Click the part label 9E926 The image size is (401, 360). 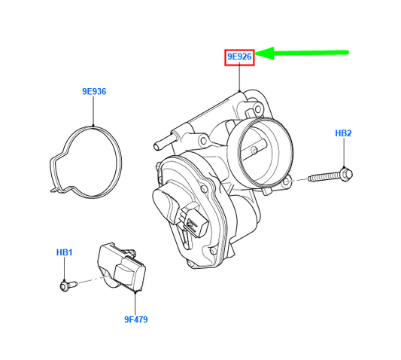(239, 56)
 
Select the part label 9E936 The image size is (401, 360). (94, 91)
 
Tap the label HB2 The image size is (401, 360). (343, 133)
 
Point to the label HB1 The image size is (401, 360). (64, 252)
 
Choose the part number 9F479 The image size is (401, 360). (135, 319)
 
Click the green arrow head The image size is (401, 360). (264, 53)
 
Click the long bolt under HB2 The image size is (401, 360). (330, 176)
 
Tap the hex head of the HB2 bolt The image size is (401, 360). (347, 174)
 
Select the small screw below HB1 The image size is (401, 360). (68, 285)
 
